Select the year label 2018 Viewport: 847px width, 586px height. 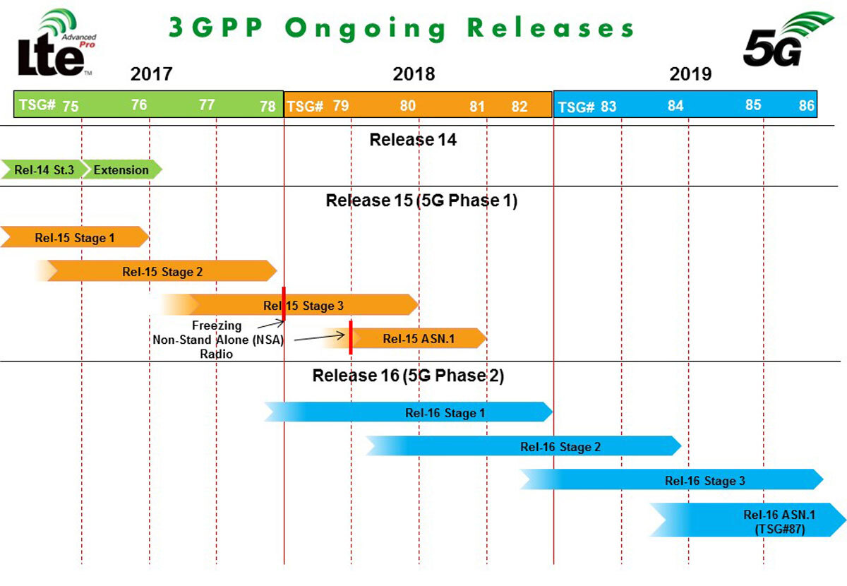tap(414, 73)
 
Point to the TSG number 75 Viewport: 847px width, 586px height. tap(70, 107)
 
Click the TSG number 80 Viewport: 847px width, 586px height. tap(407, 106)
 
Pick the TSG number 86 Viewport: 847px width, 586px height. tap(806, 106)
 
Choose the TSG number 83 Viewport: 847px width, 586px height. tap(608, 107)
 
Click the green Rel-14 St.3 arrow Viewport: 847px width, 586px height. tap(44, 169)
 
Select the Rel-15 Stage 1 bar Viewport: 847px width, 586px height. tap(74, 238)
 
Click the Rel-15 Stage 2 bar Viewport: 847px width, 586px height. tap(162, 271)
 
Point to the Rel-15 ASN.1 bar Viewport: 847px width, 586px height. tap(419, 339)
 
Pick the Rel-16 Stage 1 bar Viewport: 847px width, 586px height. tap(445, 412)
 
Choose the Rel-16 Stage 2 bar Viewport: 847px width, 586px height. tap(560, 446)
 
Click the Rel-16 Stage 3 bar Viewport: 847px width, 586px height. tap(704, 481)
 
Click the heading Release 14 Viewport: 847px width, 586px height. tap(413, 140)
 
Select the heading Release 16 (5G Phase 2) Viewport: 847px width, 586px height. tap(408, 376)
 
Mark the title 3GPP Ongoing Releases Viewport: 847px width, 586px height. tap(401, 28)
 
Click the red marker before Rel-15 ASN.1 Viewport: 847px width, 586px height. tap(350, 337)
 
